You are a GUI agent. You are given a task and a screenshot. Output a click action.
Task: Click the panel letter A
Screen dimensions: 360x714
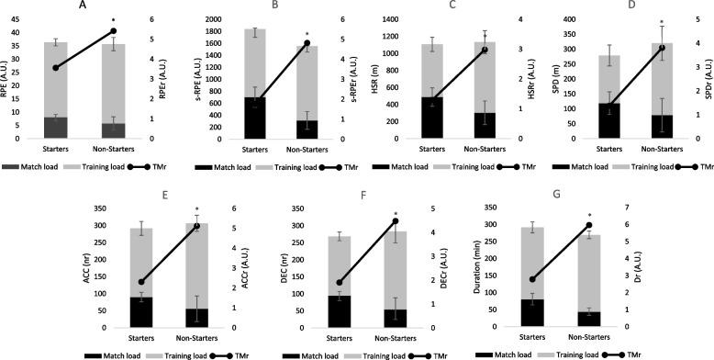84,6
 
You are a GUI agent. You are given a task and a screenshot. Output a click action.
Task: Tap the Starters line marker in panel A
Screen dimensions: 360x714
55,68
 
